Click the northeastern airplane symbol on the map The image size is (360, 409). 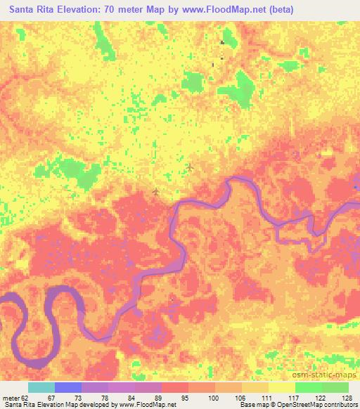pos(191,167)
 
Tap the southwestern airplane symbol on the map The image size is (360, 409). pos(155,191)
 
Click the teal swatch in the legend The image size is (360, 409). pos(41,387)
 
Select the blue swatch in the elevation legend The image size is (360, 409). pos(68,387)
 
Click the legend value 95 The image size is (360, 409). pos(183,397)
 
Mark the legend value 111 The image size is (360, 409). pos(264,397)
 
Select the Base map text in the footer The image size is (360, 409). pos(253,405)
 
